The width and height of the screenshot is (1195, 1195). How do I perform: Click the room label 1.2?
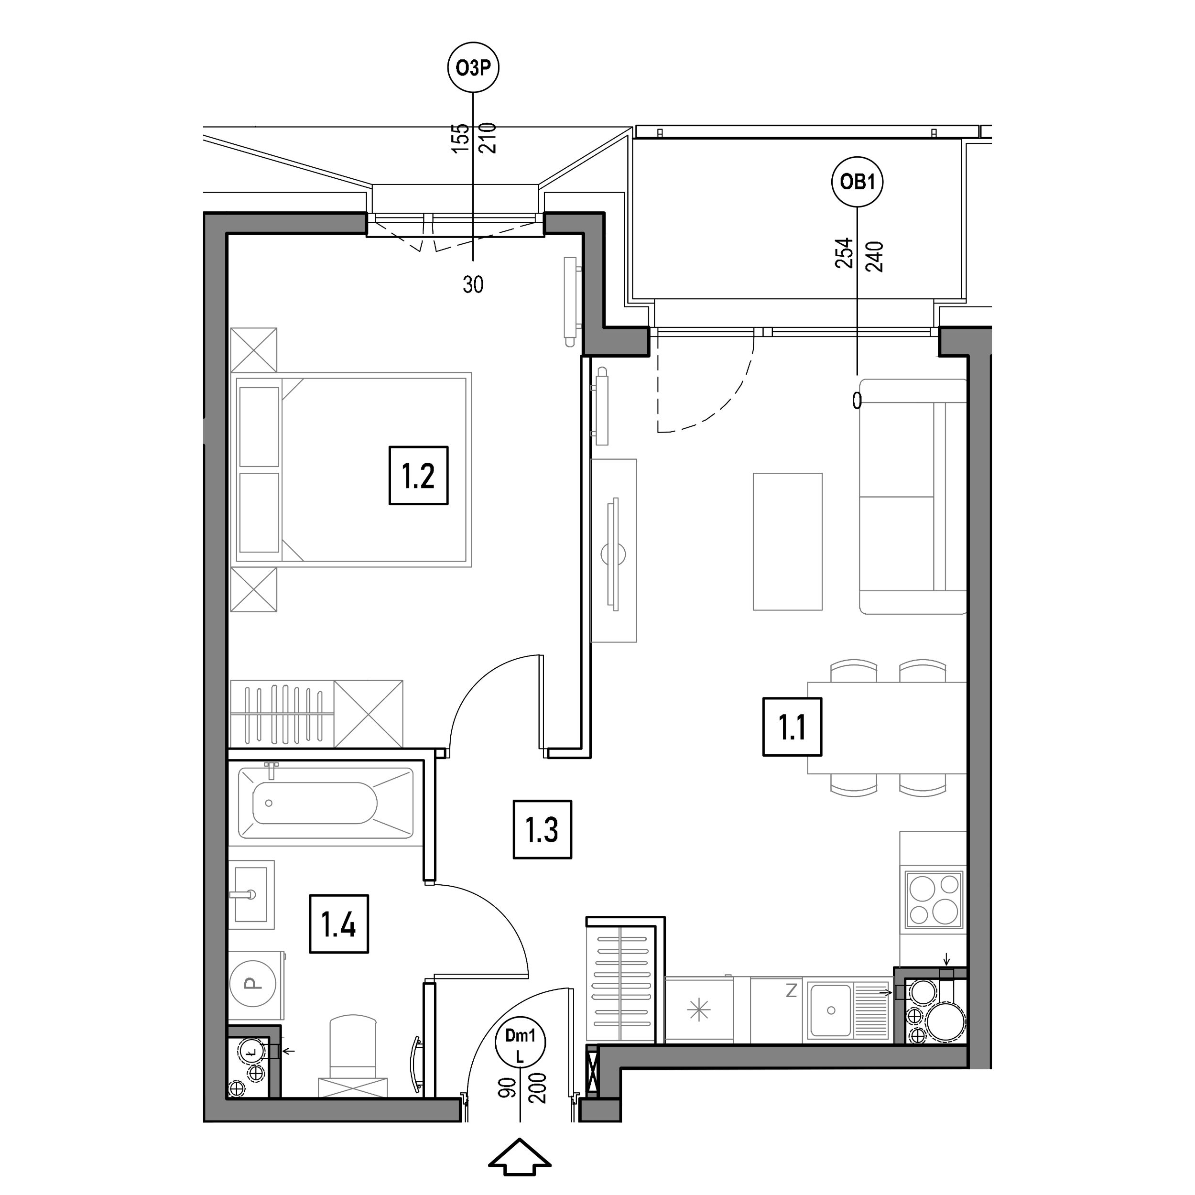tap(418, 476)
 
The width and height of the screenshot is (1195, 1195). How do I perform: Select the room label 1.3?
tap(542, 829)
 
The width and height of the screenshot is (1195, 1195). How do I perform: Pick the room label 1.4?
tap(338, 924)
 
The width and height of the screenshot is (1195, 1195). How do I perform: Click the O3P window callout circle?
tap(473, 67)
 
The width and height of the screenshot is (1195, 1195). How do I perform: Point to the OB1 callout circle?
tap(857, 183)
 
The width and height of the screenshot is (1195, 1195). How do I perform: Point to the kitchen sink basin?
tap(831, 1010)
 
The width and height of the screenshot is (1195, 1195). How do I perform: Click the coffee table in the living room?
tap(787, 542)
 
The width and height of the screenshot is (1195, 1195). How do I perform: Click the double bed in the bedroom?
tap(351, 469)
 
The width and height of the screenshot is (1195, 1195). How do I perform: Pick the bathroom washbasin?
tap(251, 894)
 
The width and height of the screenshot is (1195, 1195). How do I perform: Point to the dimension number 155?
tap(459, 139)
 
